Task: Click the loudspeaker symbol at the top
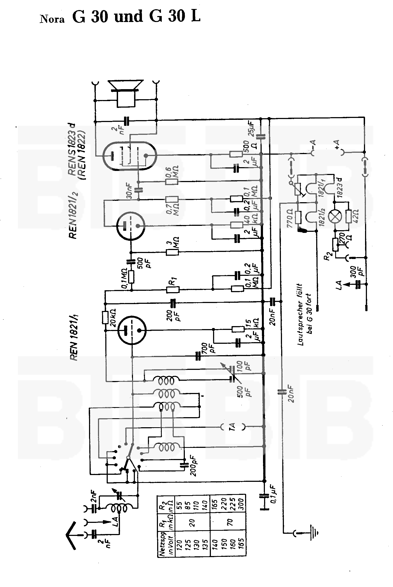[x=125, y=93]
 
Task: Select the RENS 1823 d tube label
[x=73, y=149]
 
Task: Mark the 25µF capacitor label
[x=251, y=129]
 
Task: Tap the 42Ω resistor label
[x=355, y=216]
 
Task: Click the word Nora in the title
[x=53, y=19]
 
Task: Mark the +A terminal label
[x=337, y=144]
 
